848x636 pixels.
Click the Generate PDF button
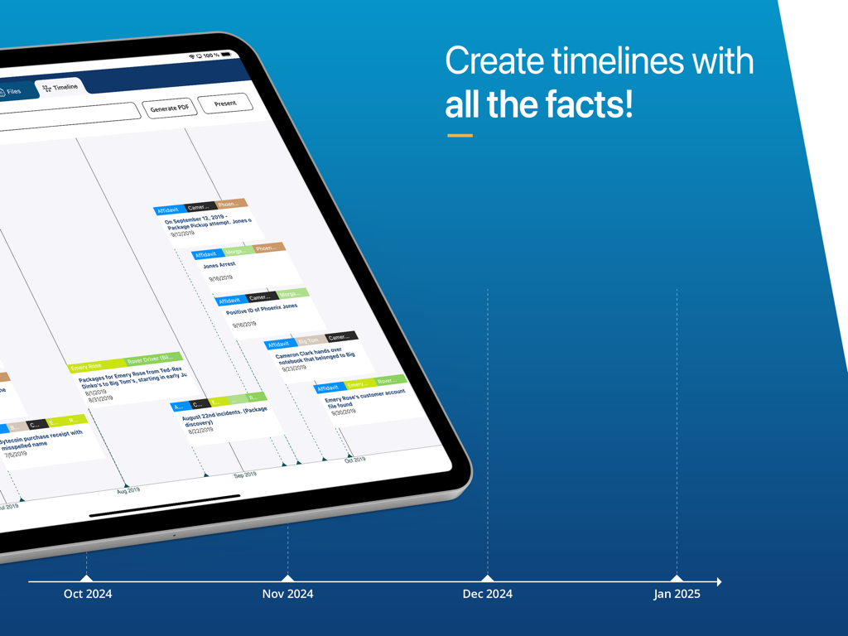coord(170,108)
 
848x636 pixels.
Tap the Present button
coord(224,104)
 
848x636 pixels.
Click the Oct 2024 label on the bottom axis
coord(88,594)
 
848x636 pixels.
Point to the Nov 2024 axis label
coord(287,594)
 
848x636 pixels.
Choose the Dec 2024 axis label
coord(488,594)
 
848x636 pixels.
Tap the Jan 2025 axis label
coord(677,594)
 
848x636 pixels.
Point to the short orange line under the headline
coord(460,135)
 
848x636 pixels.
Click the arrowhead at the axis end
coord(719,582)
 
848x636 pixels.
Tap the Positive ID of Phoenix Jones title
coord(262,309)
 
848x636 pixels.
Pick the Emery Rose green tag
coord(86,366)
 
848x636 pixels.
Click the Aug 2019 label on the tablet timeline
coord(128,490)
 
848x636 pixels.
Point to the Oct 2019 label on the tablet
coord(354,459)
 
